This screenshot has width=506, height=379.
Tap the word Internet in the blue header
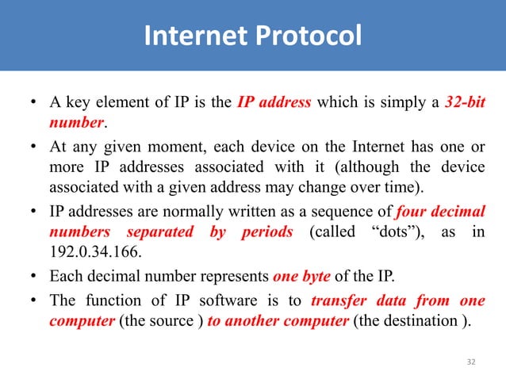pos(187,36)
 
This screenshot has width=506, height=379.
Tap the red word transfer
pos(339,301)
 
